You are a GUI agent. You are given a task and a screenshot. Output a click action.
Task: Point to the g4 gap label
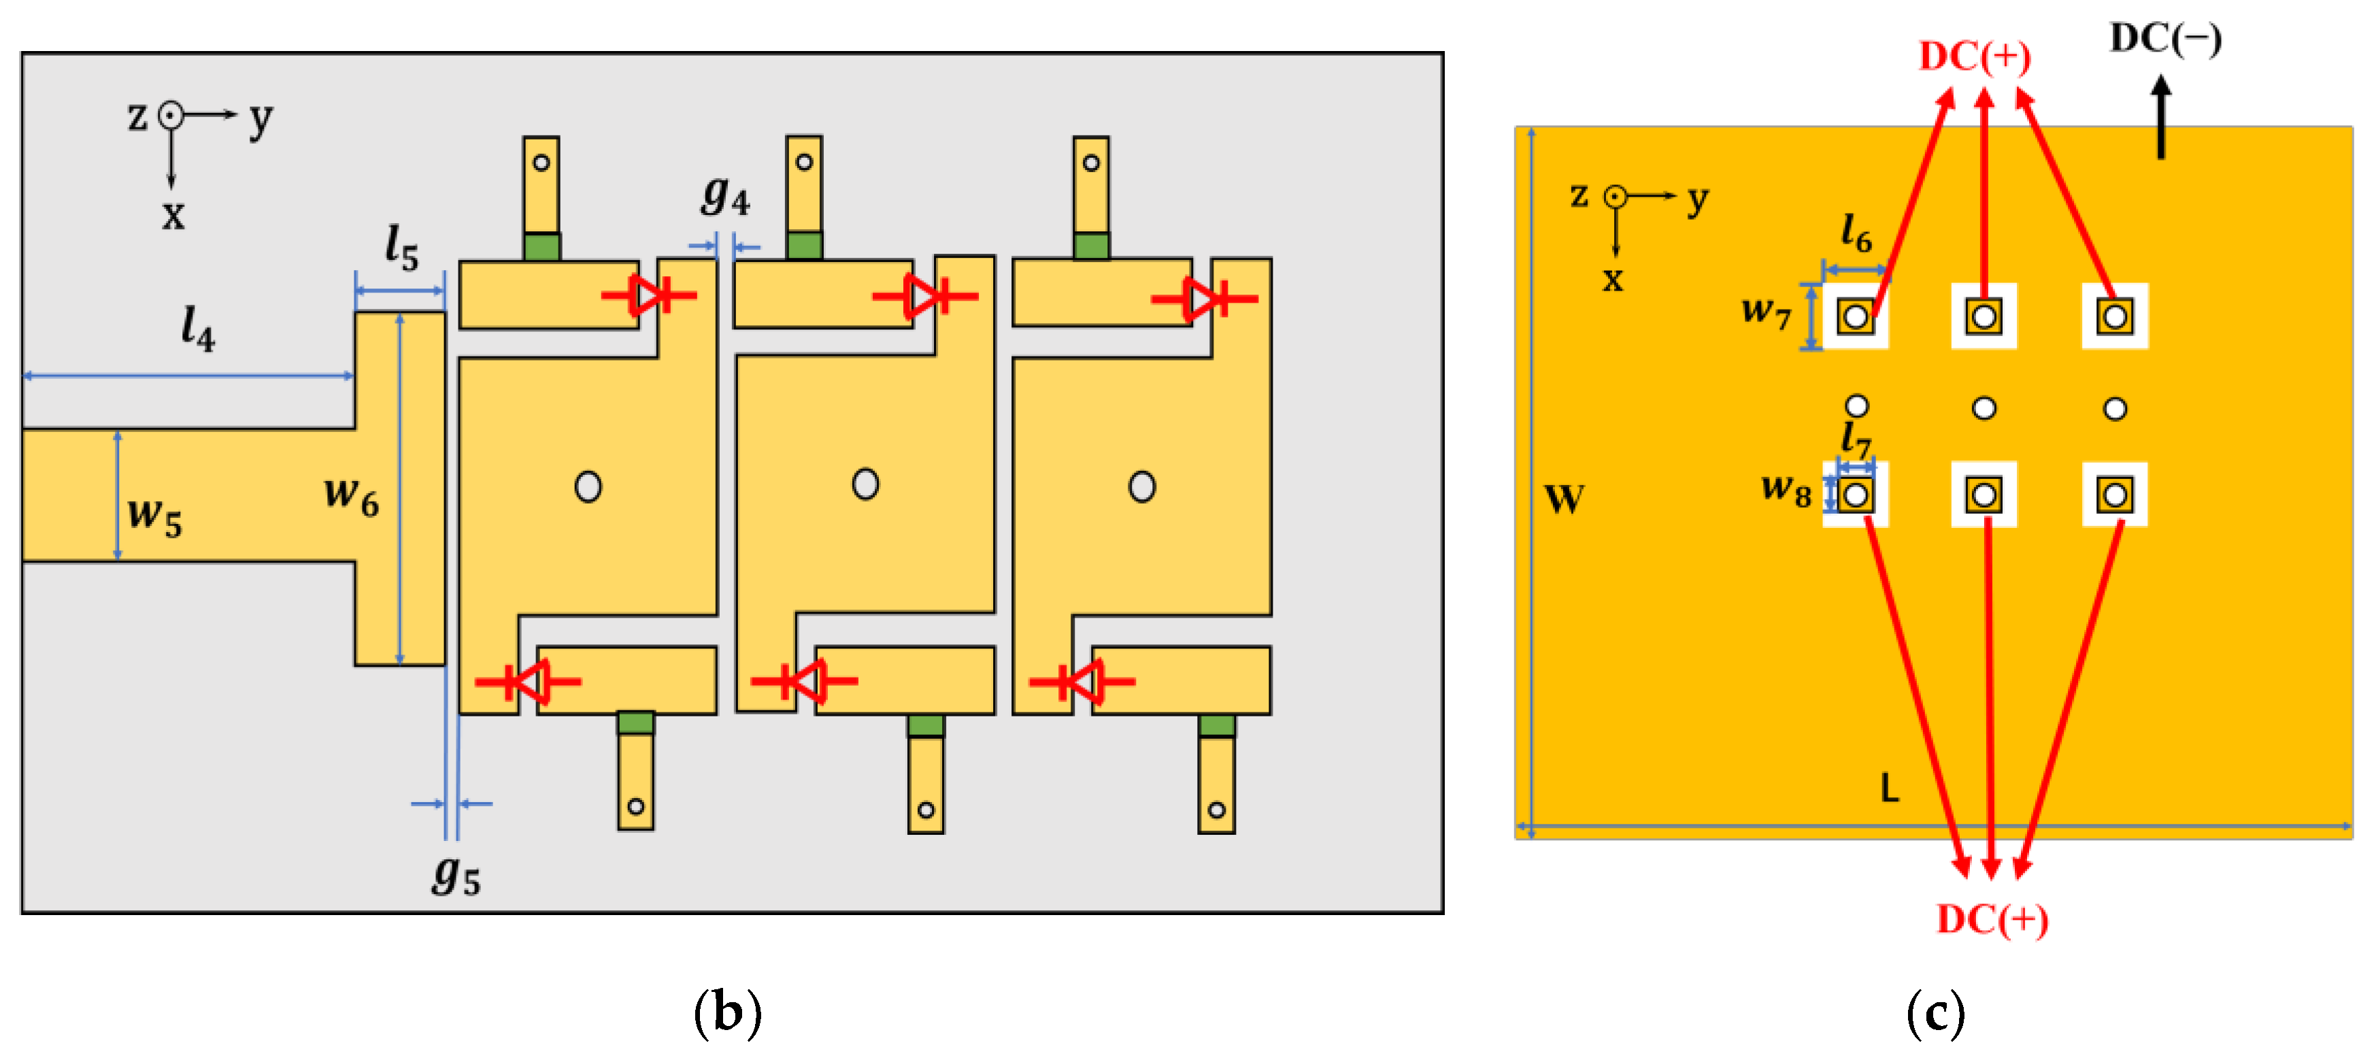pyautogui.click(x=726, y=195)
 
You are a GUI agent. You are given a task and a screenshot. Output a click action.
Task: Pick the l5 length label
pyautogui.click(x=402, y=247)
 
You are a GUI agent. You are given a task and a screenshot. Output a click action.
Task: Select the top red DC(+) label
pyautogui.click(x=1974, y=57)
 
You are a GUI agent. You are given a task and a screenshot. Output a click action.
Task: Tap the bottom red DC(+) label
pyautogui.click(x=1992, y=919)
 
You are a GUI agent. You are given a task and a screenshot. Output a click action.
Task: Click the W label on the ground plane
pyautogui.click(x=1565, y=500)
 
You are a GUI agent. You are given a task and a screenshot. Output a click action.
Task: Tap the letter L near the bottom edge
pyautogui.click(x=1889, y=789)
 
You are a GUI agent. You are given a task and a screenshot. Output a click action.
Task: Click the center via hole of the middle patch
pyautogui.click(x=865, y=484)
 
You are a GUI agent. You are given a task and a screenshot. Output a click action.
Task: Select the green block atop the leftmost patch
pyautogui.click(x=541, y=246)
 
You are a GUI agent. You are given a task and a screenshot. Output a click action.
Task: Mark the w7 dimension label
pyautogui.click(x=1765, y=312)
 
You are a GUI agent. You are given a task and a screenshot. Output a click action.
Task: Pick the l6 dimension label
pyautogui.click(x=1856, y=233)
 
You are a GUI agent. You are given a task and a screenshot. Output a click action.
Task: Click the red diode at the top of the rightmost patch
pyautogui.click(x=1205, y=298)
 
